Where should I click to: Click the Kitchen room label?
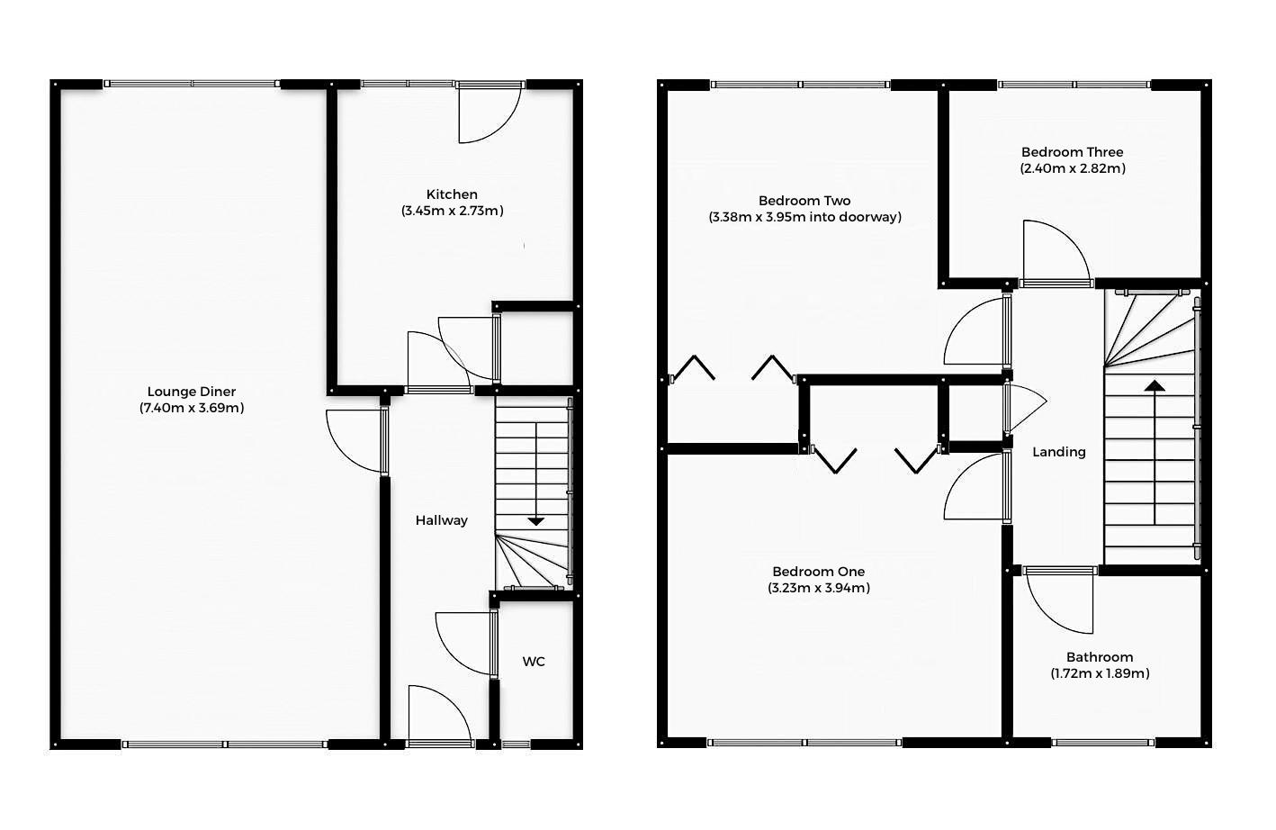click(x=452, y=194)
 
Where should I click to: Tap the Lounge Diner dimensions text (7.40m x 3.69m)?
click(x=192, y=408)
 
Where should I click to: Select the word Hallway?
click(x=442, y=520)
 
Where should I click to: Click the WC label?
click(x=534, y=662)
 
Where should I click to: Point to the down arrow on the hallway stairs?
click(x=536, y=520)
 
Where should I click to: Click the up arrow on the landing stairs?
click(x=1155, y=386)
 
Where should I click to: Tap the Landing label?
click(x=1059, y=452)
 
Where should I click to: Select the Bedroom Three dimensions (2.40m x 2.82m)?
click(x=1073, y=168)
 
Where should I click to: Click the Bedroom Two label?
click(x=804, y=201)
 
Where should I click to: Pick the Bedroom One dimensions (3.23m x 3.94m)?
click(x=819, y=588)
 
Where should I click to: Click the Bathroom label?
click(x=1100, y=657)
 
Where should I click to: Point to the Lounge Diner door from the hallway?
click(x=355, y=441)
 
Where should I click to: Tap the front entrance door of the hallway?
click(x=438, y=716)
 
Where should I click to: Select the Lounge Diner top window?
click(x=192, y=84)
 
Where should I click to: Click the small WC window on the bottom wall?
click(x=516, y=744)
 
